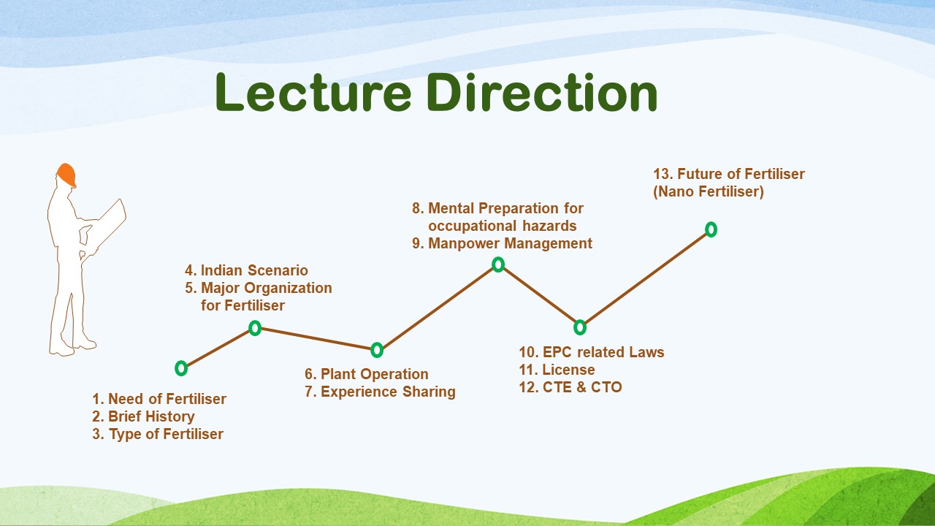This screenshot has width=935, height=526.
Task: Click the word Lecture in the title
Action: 313,92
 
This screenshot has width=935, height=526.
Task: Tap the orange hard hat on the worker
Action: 66,175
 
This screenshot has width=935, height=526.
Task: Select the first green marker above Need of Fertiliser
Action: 181,369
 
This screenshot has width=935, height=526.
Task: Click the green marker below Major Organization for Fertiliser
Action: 255,328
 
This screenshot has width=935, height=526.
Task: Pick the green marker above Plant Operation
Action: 377,350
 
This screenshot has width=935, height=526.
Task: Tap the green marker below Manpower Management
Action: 498,264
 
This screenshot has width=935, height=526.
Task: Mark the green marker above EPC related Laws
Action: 580,327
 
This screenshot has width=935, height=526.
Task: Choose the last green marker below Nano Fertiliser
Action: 711,229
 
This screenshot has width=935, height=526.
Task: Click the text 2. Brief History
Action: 144,416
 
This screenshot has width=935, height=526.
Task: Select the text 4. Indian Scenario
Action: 247,270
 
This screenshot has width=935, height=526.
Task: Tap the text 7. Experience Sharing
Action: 381,392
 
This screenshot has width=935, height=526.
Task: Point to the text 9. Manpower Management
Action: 502,243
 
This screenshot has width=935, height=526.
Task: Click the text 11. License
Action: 557,370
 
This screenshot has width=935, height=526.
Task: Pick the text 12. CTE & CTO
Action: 570,387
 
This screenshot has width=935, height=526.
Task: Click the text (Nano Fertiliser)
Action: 709,191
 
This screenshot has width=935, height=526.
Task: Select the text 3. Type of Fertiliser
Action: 158,434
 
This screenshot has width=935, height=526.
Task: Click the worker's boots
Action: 73,346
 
